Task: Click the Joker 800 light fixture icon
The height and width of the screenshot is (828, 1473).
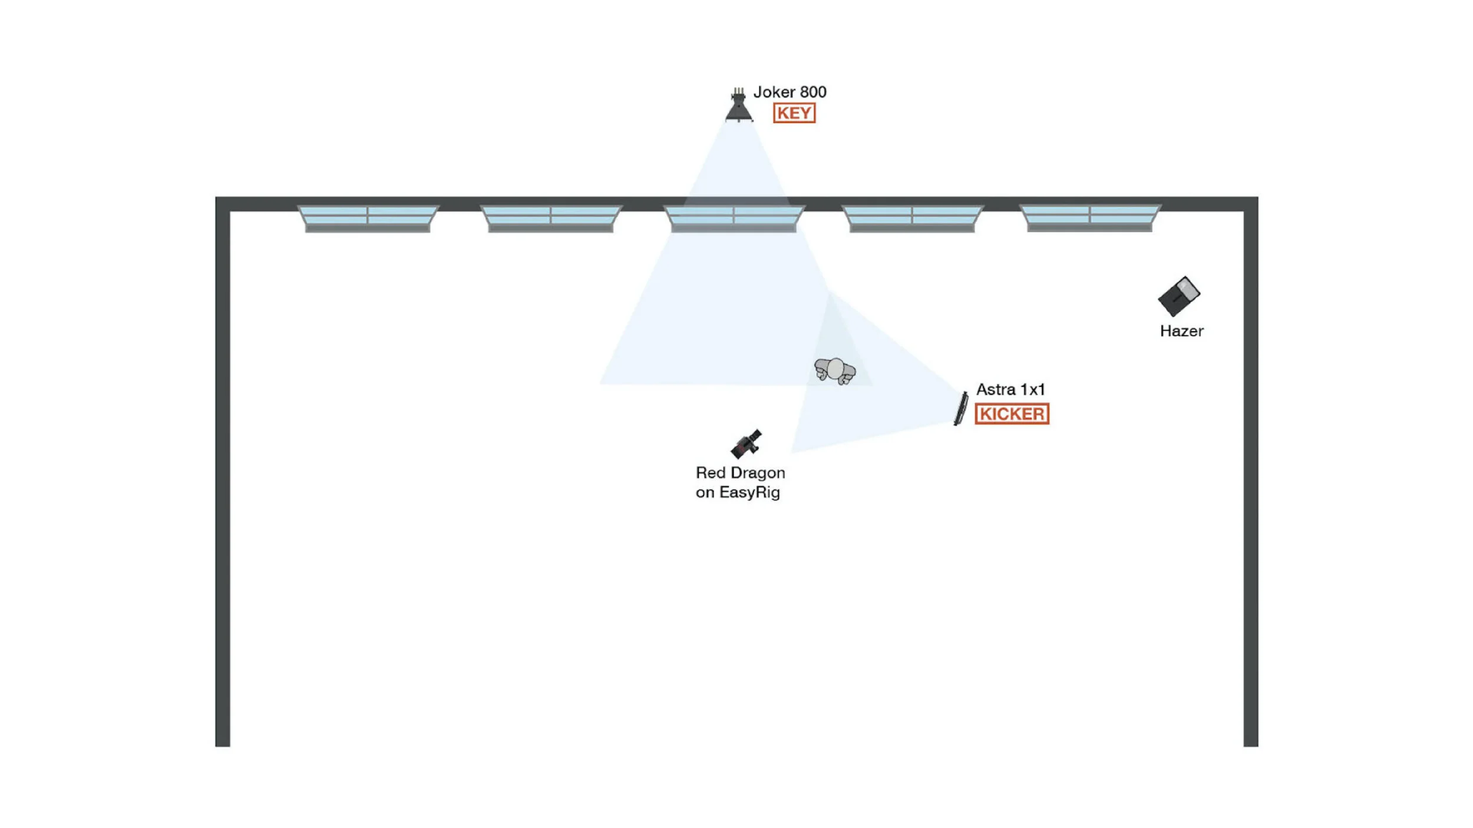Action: click(x=738, y=107)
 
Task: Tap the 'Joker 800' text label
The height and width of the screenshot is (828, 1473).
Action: click(x=790, y=92)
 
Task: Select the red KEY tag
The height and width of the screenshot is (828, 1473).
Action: click(x=794, y=113)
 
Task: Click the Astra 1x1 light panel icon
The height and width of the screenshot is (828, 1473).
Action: click(x=961, y=408)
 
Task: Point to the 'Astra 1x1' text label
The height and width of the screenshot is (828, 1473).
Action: click(x=1010, y=390)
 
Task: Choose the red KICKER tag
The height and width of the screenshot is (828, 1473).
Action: click(x=1012, y=414)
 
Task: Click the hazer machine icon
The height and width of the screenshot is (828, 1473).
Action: click(x=1178, y=296)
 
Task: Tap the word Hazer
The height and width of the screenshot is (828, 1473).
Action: click(x=1181, y=332)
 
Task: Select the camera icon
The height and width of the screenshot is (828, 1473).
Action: click(x=746, y=444)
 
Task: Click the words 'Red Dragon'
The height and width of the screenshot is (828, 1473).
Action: click(x=740, y=473)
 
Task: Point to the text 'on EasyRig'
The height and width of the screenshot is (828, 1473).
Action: click(x=738, y=492)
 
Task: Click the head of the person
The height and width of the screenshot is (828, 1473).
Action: click(x=835, y=369)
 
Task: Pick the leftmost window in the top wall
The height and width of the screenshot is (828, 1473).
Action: click(x=368, y=218)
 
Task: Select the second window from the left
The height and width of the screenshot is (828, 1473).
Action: click(x=551, y=218)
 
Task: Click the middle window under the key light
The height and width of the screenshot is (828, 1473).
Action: click(x=734, y=218)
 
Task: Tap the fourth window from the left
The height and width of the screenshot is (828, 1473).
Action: click(x=912, y=218)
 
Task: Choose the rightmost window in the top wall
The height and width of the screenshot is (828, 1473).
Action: click(x=1090, y=217)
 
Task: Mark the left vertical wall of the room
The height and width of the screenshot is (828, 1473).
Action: click(x=223, y=471)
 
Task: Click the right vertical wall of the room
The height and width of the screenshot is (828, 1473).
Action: click(x=1250, y=471)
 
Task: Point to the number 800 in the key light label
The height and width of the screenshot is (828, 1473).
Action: click(x=813, y=92)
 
